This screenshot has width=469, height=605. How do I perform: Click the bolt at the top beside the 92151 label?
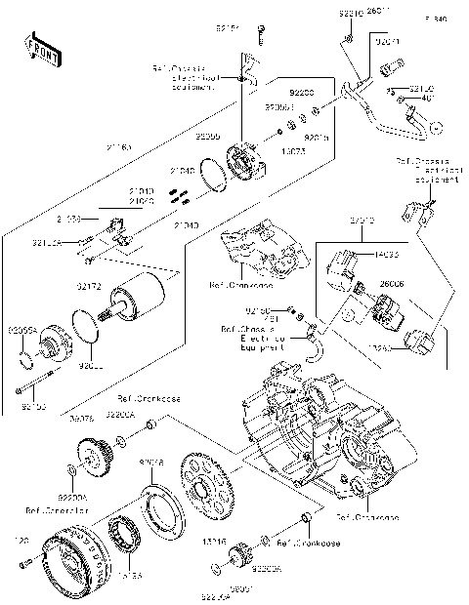coord(262,35)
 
